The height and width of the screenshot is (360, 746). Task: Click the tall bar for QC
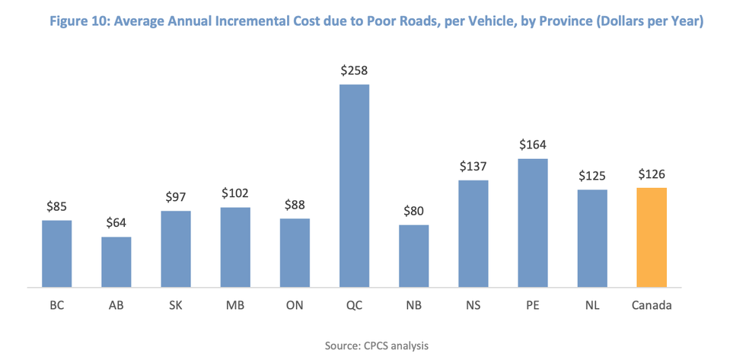point(354,186)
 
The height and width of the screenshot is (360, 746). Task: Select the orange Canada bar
point(652,237)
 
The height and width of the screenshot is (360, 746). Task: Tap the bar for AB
point(116,262)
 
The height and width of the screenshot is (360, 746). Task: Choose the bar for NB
point(414,256)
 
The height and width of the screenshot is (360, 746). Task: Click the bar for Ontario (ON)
point(295,253)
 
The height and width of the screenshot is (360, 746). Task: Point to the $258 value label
point(354,71)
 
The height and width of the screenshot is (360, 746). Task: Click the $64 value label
point(116,224)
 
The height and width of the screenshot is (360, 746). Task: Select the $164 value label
point(533,145)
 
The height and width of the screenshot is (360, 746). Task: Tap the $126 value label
point(652,174)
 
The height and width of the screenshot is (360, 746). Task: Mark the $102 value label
point(235,193)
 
